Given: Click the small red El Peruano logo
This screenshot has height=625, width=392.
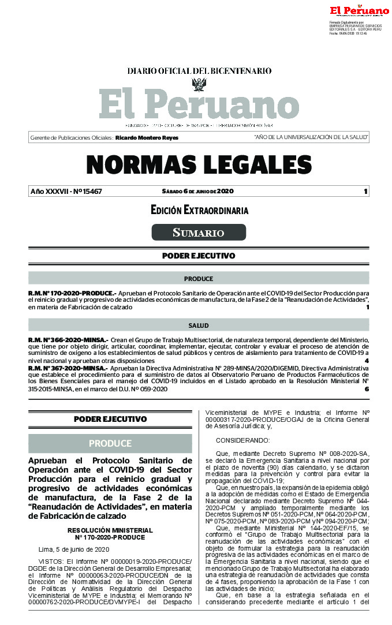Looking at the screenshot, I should [359, 10].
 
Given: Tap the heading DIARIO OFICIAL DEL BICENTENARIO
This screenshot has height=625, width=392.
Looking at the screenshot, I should [199, 70].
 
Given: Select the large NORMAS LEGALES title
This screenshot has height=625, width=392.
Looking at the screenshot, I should [199, 164].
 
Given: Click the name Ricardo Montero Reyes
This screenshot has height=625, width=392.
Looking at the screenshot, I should [147, 138].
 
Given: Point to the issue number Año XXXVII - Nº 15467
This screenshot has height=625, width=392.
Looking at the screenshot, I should [66, 192].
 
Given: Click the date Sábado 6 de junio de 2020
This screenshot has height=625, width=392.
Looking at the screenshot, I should [197, 192].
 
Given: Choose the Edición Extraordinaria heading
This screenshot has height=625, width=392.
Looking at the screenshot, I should [199, 211].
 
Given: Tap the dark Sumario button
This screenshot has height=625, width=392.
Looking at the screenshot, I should [199, 233].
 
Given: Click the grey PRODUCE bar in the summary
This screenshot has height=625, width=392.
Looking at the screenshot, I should [199, 279].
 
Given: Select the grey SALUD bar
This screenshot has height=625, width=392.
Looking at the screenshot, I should [199, 326].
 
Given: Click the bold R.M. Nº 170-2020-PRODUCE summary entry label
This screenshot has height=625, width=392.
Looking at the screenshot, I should [72, 294].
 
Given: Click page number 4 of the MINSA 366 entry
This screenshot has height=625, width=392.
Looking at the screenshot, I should [367, 361].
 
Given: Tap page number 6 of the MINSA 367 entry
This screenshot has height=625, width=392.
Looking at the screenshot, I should [367, 389].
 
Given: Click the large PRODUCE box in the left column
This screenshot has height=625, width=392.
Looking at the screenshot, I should [110, 443].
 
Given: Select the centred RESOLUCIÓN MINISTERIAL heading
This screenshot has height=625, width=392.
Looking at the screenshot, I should [110, 530].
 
